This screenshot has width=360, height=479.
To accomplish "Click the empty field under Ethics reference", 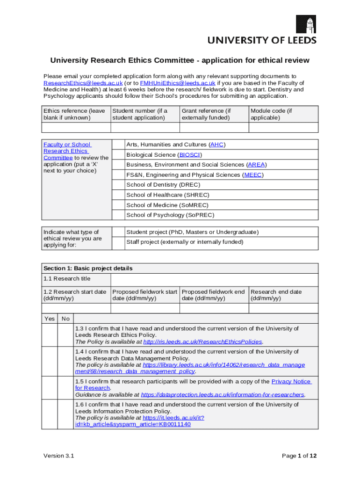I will pos(75,127).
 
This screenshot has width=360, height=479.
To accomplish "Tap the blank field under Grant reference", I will pos(214,127).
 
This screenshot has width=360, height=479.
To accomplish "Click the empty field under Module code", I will pos(283,127).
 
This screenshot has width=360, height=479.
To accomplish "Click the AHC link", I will pos(217,145).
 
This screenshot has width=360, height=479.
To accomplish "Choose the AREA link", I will pos(256,165).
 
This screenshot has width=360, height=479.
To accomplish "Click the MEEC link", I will pos(253,175).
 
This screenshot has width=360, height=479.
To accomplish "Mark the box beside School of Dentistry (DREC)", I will pos(118,185).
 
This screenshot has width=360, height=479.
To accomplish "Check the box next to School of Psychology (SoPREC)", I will pos(118,215).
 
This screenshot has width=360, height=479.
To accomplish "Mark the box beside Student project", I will pos(118,232).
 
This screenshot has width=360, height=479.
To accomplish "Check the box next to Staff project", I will pos(118,242).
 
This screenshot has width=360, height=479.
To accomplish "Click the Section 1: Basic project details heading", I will pos(88,269).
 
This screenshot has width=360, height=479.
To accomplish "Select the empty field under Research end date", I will pos(283,308).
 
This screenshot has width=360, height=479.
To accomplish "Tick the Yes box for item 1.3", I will pos(50,335).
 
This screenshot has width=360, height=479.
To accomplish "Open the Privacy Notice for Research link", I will pos(291,381).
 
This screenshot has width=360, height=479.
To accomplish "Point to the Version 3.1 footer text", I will pos(58,456).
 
